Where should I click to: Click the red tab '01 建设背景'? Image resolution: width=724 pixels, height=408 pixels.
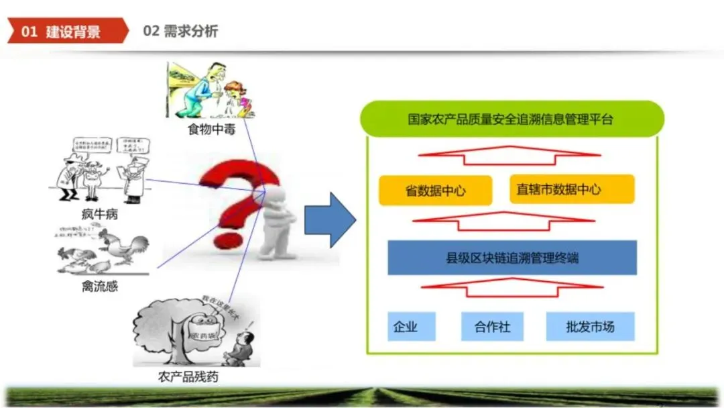coord(64,31)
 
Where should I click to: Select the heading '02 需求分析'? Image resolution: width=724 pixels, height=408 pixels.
coord(180,31)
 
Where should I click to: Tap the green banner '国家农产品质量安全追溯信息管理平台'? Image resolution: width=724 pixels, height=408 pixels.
coord(511,119)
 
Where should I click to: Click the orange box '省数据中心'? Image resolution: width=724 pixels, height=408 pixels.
coord(435,191)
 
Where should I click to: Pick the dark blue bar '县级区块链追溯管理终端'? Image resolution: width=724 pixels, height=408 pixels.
coord(511,258)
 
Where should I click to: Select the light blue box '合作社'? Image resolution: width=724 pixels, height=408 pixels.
coord(492,327)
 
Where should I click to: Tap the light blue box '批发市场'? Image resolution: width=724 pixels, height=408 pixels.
coord(590,327)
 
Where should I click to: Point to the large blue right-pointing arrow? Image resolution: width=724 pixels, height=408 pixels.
coord(329,219)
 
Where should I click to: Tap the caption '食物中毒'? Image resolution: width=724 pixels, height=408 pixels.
coord(210,128)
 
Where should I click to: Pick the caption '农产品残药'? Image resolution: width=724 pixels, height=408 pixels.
coord(188,376)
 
